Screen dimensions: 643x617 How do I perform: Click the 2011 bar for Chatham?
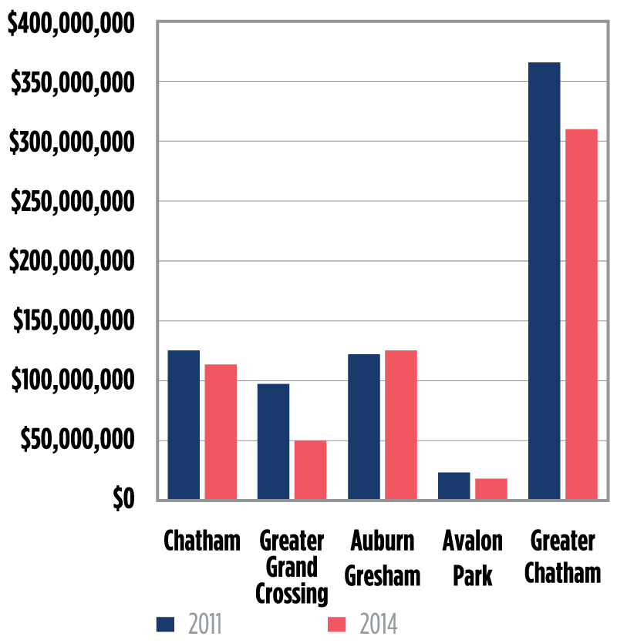point(184,425)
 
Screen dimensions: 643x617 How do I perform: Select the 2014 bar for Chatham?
point(221,432)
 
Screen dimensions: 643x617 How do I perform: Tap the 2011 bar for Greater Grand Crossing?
point(273,441)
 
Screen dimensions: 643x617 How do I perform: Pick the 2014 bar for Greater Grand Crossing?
point(310,470)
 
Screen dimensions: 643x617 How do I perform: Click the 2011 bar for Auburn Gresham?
point(363,427)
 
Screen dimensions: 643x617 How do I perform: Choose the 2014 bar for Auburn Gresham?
point(400,425)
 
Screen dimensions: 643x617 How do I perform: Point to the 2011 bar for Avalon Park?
point(453,486)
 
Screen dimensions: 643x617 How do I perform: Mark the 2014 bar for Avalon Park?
point(491,489)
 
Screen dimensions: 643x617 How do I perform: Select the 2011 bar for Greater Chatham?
point(544,281)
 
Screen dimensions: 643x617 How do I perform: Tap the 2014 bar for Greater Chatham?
point(581,314)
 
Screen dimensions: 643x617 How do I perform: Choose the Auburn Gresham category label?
point(382,557)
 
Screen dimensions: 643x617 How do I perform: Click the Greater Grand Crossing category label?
point(292,567)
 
